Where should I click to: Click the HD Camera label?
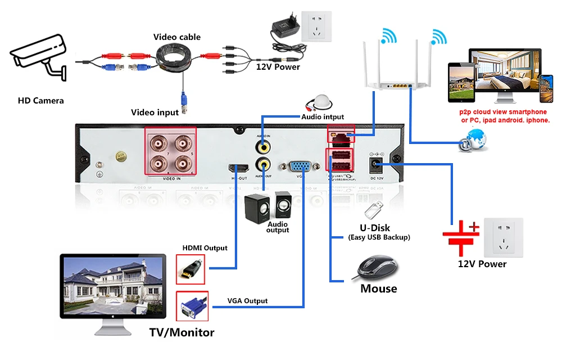point(40,101)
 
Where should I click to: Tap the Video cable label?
point(177,37)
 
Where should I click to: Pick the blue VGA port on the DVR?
point(302,166)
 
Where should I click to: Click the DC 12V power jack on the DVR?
point(375,165)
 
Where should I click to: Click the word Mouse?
point(378,289)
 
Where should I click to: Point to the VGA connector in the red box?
point(192,307)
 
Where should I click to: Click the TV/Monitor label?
point(182,332)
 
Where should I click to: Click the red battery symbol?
point(460,236)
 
